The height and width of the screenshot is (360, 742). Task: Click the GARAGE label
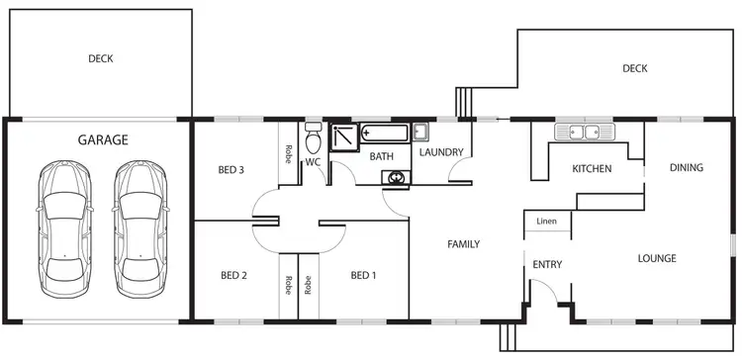point(103,140)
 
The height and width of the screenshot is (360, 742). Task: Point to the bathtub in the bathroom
point(386,133)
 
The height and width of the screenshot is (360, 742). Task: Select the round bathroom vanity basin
point(397,178)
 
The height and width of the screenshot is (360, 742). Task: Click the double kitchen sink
point(584,132)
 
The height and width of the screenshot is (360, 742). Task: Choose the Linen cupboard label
point(547,222)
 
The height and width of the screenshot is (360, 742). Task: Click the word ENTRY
point(548,265)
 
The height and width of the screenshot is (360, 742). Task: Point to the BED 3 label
point(231,170)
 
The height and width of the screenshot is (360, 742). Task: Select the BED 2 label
point(233,275)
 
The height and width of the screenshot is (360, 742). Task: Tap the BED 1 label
point(363,275)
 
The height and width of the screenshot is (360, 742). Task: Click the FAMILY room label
point(463,243)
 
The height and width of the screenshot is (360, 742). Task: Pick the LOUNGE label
point(657,259)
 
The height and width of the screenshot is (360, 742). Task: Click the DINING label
point(686,168)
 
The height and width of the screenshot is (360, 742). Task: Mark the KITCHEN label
point(592,169)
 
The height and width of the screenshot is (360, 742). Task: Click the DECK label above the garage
point(100,59)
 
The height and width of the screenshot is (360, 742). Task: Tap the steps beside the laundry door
point(461,102)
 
